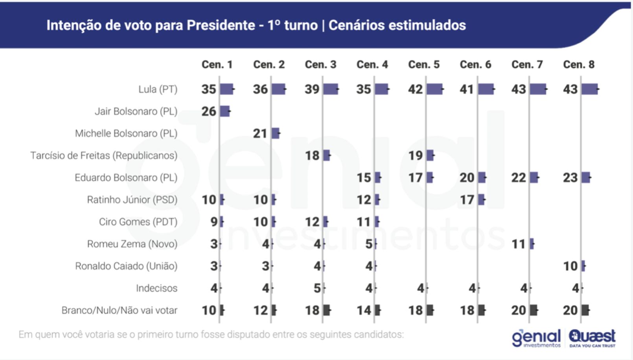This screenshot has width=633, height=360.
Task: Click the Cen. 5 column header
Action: click(424, 64)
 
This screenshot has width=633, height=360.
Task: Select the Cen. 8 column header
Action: click(579, 64)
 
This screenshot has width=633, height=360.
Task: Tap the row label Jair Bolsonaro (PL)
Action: click(136, 112)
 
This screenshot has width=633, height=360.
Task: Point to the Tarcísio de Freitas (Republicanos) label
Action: click(104, 156)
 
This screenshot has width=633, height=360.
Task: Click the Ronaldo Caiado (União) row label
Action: click(126, 266)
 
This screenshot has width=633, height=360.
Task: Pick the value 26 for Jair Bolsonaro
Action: click(209, 112)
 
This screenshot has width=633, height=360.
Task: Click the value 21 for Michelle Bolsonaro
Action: click(260, 134)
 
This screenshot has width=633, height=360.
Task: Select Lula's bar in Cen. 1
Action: click(227, 89)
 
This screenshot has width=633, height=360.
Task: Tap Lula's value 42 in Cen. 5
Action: click(415, 89)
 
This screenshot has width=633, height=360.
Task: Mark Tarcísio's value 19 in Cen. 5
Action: click(416, 156)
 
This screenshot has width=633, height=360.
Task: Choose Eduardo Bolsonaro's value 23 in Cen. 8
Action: click(570, 178)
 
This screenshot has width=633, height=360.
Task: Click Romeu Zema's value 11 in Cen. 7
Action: click(519, 244)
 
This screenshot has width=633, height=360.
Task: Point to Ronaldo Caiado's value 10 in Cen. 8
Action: click(570, 266)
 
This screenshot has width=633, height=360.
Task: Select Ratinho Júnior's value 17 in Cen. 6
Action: click(467, 200)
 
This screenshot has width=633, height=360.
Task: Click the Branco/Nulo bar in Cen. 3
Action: click(327, 310)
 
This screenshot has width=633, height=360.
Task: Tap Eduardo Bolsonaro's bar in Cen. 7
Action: click(534, 178)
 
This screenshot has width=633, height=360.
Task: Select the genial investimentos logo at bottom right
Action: click(536, 338)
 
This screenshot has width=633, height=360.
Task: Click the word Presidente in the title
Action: click(221, 25)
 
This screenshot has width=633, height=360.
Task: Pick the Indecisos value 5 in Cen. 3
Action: click(317, 288)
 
